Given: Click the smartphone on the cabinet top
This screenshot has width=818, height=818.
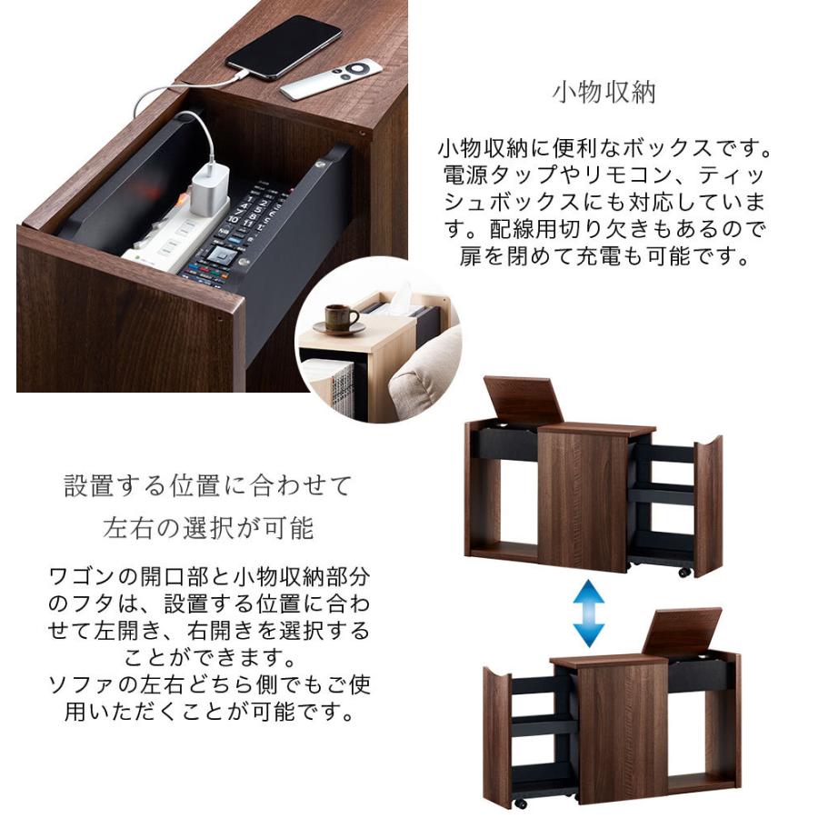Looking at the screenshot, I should click(x=283, y=45).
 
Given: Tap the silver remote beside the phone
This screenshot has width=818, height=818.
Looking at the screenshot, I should click(x=331, y=79).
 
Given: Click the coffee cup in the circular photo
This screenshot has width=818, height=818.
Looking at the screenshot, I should click(x=341, y=317).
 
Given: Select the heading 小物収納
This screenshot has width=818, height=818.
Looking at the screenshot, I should click(x=604, y=93).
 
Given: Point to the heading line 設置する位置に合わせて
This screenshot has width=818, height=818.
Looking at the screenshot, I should click(x=207, y=485).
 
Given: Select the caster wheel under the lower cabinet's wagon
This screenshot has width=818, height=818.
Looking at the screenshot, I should click(x=521, y=803).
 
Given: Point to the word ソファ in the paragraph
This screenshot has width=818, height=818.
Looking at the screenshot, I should click(x=81, y=683).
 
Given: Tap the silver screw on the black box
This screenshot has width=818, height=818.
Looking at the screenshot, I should click(x=319, y=164).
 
